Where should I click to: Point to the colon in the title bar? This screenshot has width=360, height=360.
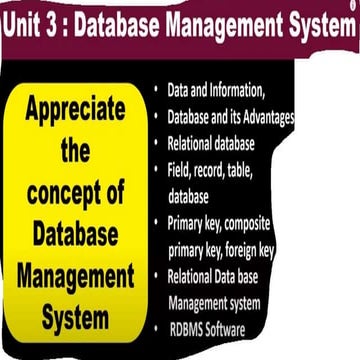click(x=74, y=29)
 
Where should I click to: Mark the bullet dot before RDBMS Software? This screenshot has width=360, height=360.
click(x=156, y=328)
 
